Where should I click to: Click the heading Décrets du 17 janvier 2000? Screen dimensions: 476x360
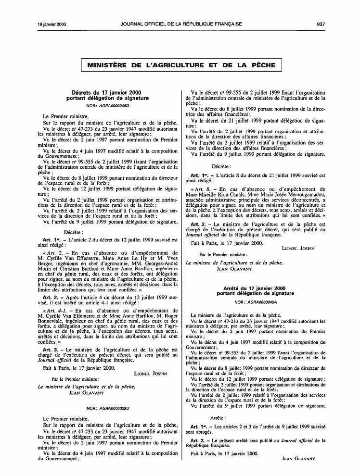(x=106, y=93)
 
